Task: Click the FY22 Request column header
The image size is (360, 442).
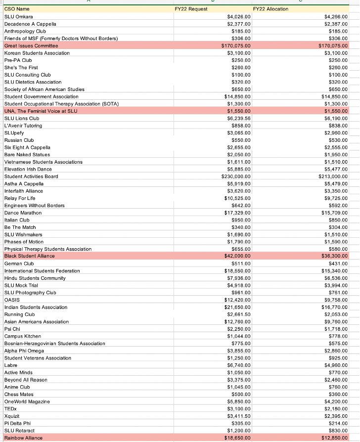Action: tap(191, 9)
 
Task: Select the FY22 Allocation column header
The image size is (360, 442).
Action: tap(270, 9)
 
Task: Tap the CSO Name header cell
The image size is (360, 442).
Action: tap(17, 9)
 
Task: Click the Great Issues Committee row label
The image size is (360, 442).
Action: tap(31, 45)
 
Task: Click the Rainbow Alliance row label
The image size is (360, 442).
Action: tap(23, 438)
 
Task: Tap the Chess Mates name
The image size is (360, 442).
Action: tap(19, 394)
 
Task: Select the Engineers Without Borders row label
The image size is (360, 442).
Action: tap(34, 205)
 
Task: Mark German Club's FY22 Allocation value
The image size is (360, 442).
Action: tap(338, 264)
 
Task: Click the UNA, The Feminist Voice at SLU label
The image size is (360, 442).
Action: tap(41, 111)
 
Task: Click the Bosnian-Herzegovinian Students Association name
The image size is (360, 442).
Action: tap(54, 344)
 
